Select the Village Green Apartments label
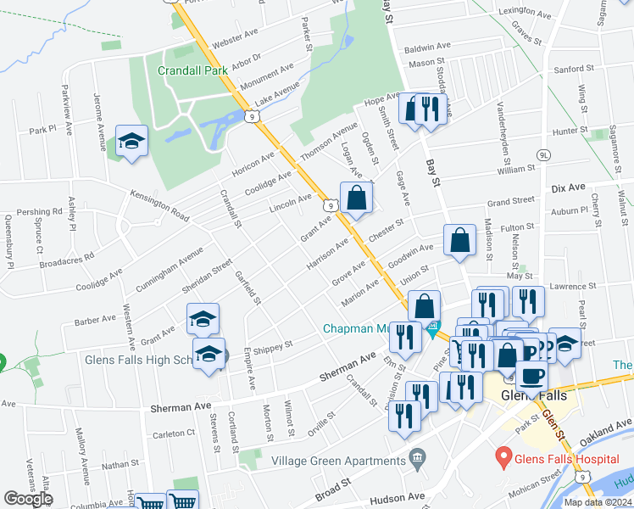pos(338,461)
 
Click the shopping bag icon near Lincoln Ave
pos(357,199)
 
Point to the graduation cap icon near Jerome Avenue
pos(131,141)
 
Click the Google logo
pos(28,499)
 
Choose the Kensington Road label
pos(159,202)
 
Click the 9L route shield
pos(544,155)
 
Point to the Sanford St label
pos(574,69)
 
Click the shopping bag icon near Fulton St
pos(459,241)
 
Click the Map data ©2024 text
pos(598,502)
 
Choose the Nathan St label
pos(119,464)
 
